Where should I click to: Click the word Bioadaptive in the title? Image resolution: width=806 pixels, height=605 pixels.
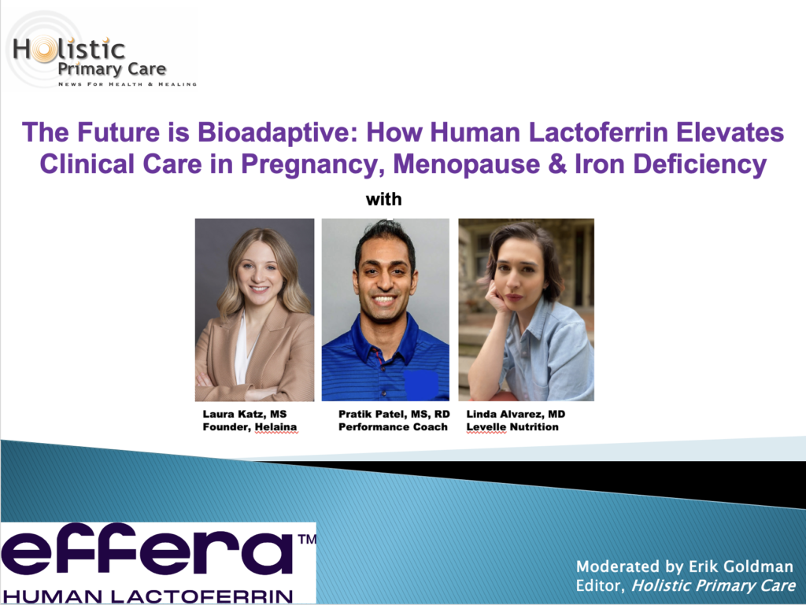pos(278,132)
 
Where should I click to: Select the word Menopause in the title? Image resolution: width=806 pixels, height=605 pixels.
pos(467,165)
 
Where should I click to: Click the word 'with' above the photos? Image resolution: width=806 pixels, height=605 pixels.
pos(383,199)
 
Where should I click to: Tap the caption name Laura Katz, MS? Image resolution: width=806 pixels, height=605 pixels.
pos(245,414)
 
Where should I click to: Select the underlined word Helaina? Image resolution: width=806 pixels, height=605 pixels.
pos(276,426)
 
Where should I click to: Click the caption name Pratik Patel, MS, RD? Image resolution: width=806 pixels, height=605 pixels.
pos(394,414)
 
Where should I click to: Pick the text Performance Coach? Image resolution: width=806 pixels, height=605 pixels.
pos(393,426)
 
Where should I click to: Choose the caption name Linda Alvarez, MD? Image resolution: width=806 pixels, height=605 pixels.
pos(516,414)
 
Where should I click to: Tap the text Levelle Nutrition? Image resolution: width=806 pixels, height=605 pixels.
pos(512,426)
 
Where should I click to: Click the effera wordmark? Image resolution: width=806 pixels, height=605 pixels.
pos(147,552)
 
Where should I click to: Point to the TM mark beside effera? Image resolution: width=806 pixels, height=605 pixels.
pos(307,539)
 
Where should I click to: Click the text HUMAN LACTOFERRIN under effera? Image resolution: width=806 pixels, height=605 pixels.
pos(148,596)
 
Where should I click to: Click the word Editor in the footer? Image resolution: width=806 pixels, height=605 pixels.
pos(599,585)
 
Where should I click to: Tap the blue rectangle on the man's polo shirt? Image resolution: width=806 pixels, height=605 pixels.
pos(420,385)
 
